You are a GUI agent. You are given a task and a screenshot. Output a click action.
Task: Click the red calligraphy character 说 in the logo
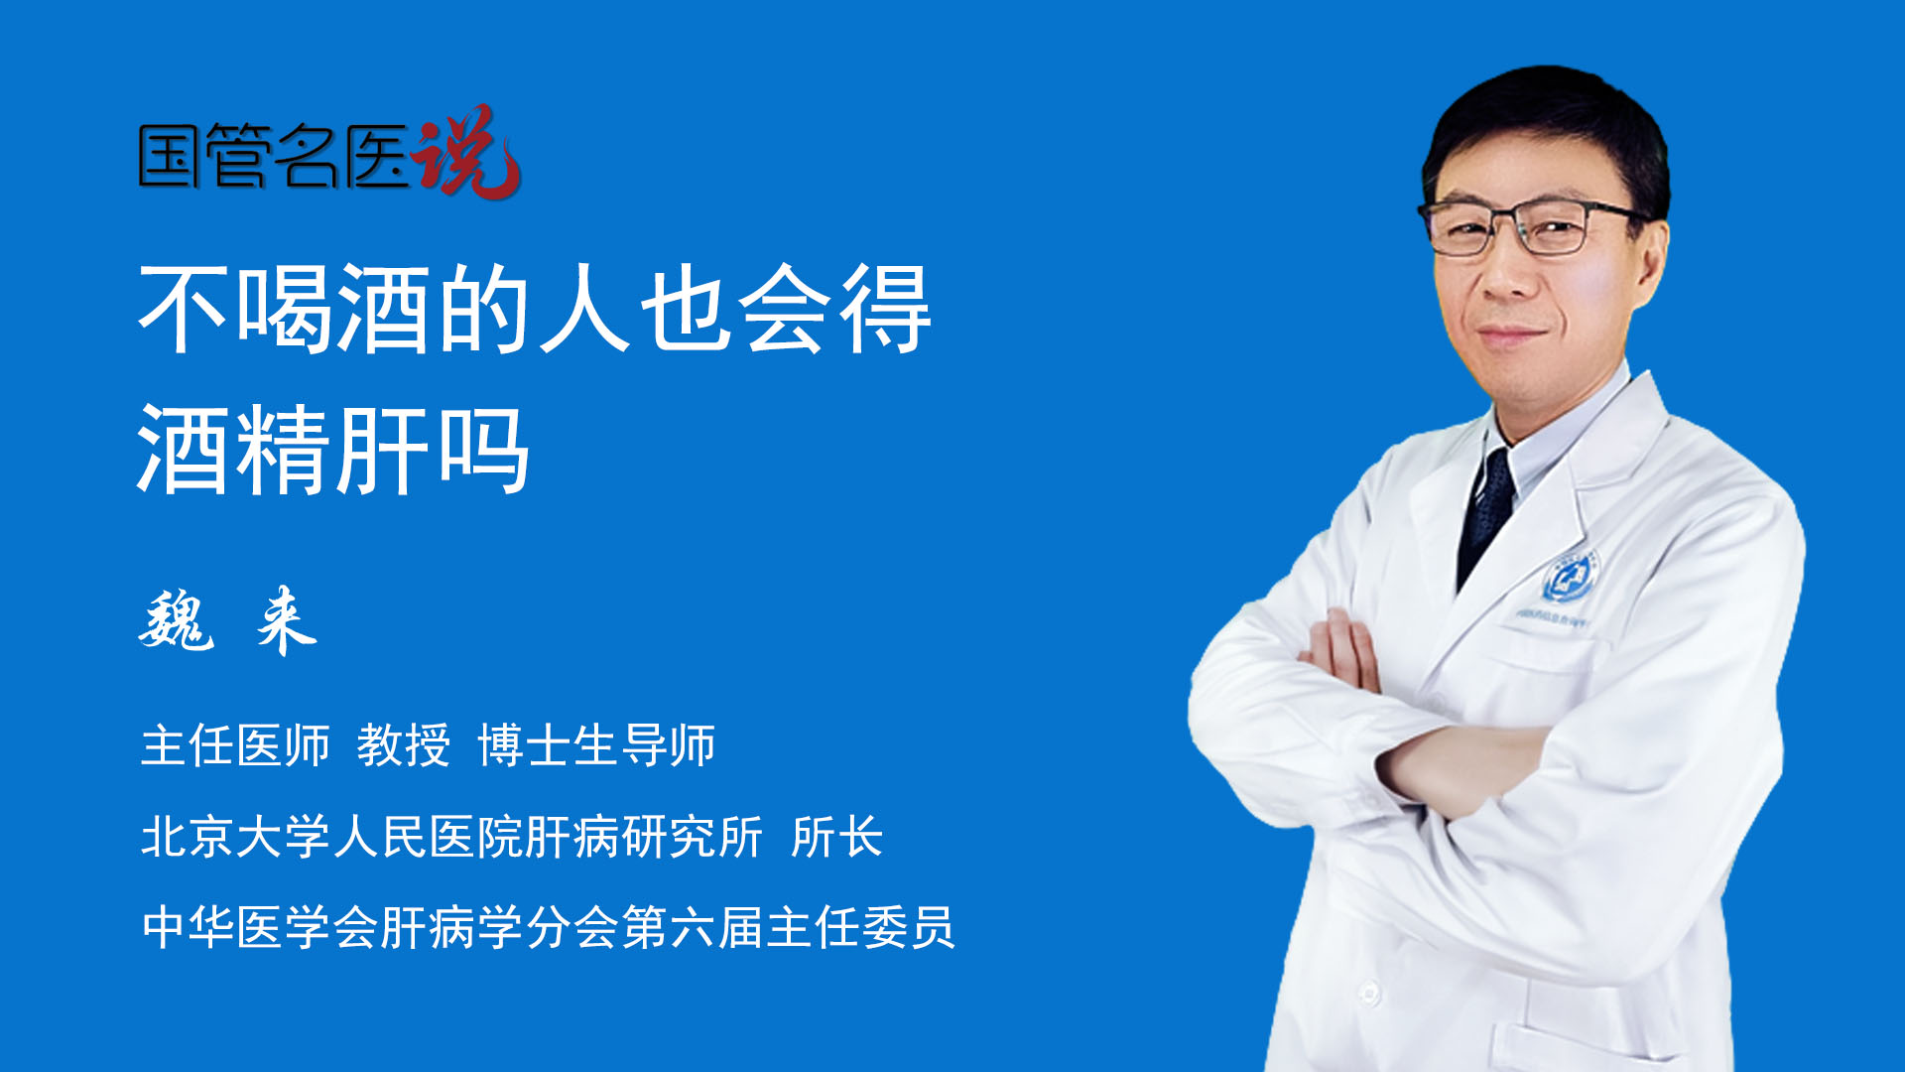pos(466,151)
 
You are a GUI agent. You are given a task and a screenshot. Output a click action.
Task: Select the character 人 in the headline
pos(584,310)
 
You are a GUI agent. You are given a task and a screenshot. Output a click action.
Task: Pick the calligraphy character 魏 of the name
pos(176,620)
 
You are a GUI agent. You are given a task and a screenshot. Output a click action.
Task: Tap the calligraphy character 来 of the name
pos(287,620)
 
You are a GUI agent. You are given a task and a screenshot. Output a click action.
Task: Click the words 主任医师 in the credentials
pos(235,744)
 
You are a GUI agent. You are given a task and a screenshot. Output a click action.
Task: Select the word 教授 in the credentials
pos(404,744)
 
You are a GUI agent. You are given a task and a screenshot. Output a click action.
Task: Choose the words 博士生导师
pos(596,744)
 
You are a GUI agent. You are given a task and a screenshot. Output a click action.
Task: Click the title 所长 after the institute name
pos(836,836)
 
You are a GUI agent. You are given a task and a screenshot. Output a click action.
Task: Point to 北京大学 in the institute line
pos(235,836)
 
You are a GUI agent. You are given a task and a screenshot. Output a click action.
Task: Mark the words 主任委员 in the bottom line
pos(860,927)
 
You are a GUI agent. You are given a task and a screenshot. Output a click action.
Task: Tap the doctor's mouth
pos(1511,335)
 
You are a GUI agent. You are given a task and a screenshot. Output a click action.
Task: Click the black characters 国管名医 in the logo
pos(274,156)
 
